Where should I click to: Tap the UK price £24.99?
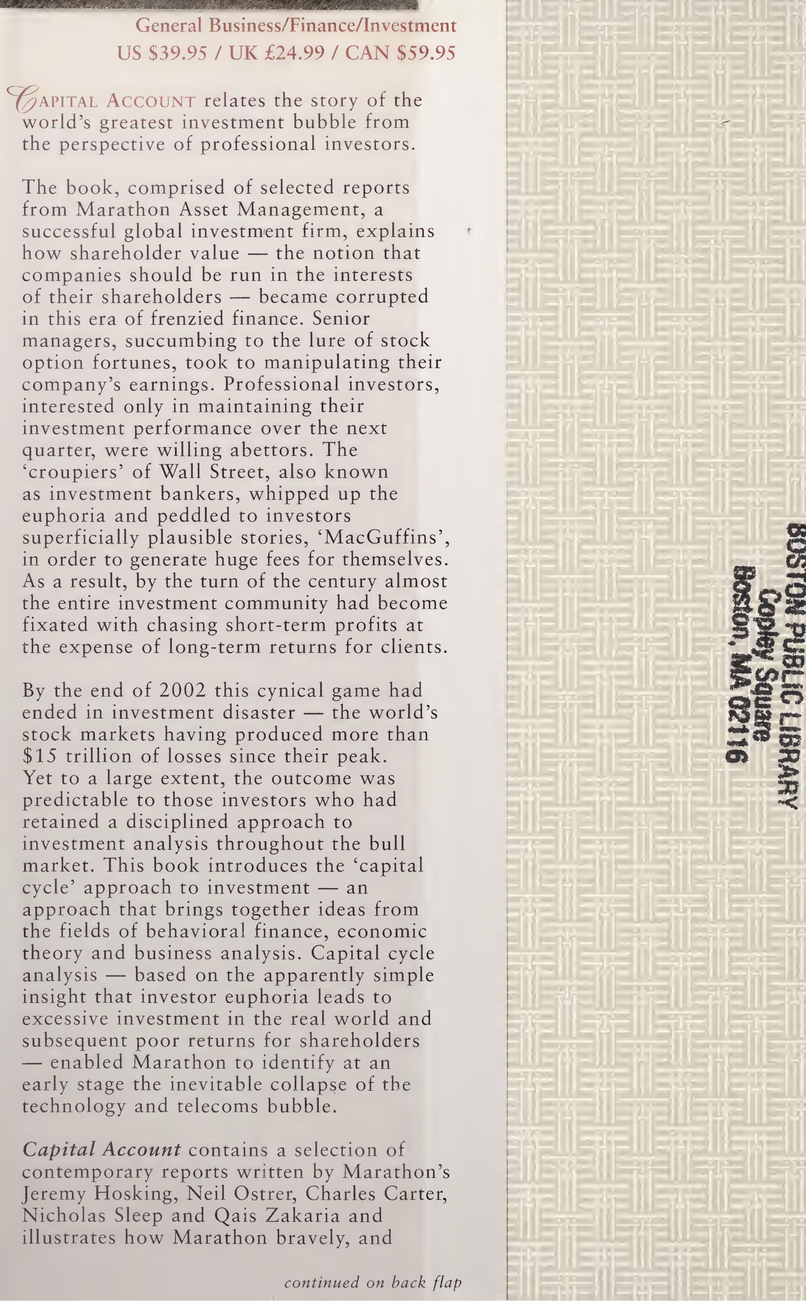[x=277, y=53]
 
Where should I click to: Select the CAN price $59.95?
[x=400, y=53]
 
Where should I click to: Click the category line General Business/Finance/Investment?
[x=296, y=26]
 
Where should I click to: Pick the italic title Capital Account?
[x=101, y=1149]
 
